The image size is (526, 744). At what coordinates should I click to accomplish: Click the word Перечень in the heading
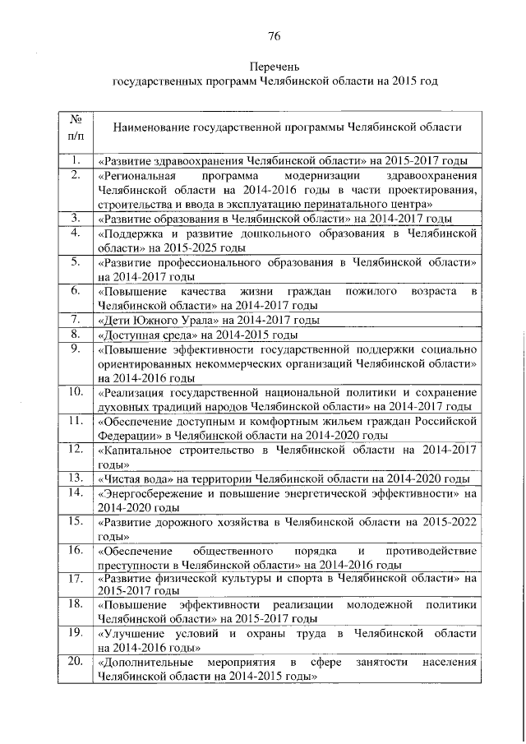click(x=275, y=65)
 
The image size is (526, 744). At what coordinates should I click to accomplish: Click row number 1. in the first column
click(x=74, y=159)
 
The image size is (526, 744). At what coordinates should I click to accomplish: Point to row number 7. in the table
click(x=74, y=320)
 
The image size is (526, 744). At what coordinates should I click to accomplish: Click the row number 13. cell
click(x=74, y=478)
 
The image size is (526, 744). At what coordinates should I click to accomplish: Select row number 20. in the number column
click(x=74, y=662)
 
